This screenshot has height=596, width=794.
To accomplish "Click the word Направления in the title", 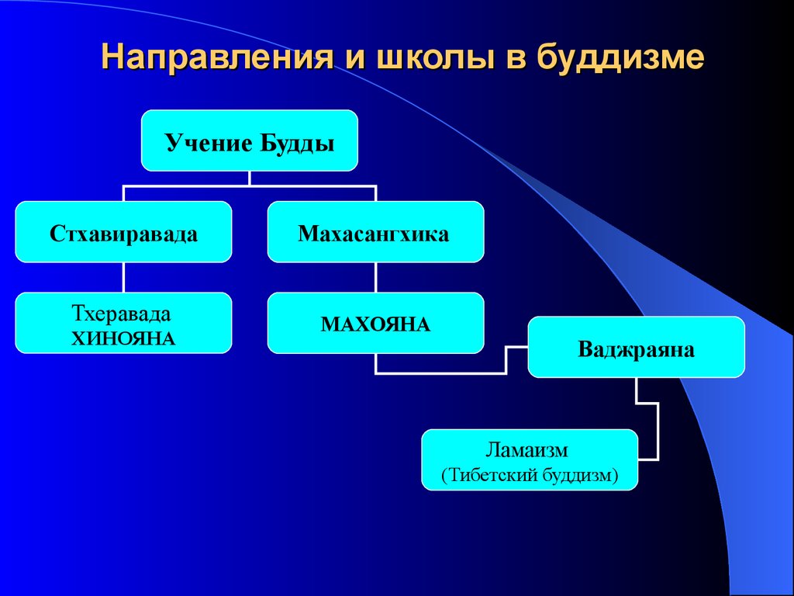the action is pos(218,56).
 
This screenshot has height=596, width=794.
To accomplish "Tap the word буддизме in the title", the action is pos(620,57).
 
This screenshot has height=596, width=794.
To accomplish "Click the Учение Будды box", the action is pos(250,140).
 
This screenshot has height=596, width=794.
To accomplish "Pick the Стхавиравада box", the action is pos(123,231).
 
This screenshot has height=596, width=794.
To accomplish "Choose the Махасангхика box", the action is pos(376,231).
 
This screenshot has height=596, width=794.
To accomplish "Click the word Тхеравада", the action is pos(122,314).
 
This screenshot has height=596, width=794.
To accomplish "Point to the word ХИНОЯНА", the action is pos(123,338).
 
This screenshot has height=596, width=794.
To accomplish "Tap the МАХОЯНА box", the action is pos(376,323).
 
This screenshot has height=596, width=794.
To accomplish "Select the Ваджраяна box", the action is pos(637,347).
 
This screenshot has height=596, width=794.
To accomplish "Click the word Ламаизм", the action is pos(526,449).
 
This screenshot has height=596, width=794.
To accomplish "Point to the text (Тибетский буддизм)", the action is pos(530,476).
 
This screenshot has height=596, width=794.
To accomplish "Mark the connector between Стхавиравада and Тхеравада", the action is pos(123,277).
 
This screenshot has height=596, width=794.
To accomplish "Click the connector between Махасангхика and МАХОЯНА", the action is pos(376,277).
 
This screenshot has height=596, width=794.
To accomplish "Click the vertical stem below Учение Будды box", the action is pos(250,178).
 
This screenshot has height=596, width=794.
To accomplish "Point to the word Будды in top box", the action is pos(297,144).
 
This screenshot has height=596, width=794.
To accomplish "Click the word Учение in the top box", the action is pos(209,144).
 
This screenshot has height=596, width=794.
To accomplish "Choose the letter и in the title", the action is pos(355,58).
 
